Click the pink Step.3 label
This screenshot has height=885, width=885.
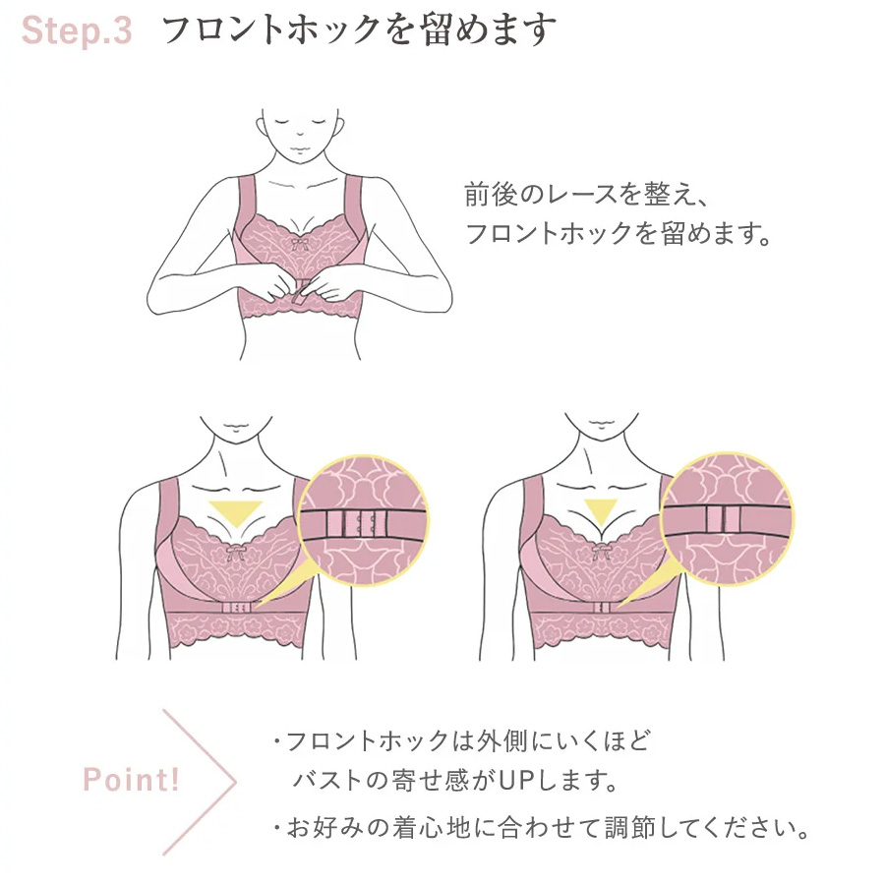[77, 30]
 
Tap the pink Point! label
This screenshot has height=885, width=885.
[132, 780]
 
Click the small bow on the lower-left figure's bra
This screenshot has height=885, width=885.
[234, 552]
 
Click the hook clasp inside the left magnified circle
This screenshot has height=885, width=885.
[357, 523]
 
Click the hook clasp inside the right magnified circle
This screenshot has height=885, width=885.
[723, 519]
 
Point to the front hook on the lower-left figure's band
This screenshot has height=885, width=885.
[236, 608]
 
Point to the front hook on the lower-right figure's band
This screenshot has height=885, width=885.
[602, 608]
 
